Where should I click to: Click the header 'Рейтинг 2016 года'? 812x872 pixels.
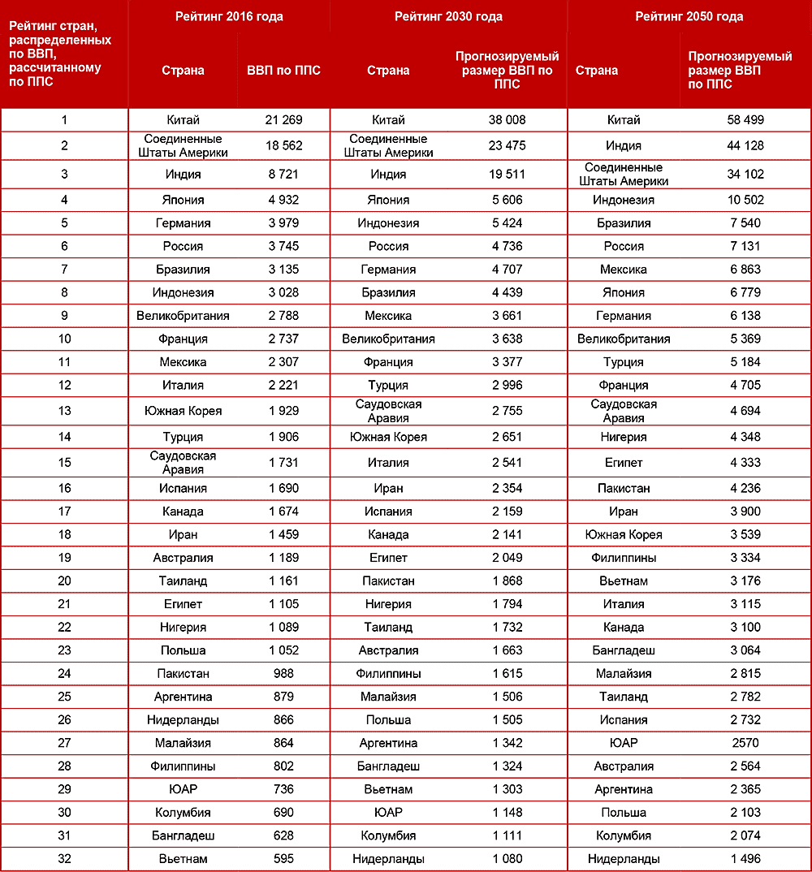tap(229, 16)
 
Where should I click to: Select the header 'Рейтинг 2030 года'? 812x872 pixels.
tap(448, 16)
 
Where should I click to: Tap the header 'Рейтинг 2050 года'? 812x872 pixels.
tap(689, 16)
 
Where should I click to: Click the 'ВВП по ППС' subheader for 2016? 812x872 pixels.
tap(283, 70)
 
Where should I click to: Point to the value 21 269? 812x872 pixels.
tap(283, 120)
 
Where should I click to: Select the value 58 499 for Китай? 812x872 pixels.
tap(745, 120)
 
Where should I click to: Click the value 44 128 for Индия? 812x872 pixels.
tap(745, 146)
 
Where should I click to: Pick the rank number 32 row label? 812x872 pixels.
tap(64, 859)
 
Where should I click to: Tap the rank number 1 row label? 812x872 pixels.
tap(64, 120)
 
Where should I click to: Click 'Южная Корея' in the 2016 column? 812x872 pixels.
tap(183, 411)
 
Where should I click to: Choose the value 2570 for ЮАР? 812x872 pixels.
tap(745, 743)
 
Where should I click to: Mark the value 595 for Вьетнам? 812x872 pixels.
tap(283, 859)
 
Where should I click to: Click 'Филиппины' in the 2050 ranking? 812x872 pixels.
tap(624, 558)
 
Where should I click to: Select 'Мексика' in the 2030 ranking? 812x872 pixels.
tap(388, 316)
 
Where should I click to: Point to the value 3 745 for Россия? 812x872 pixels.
tap(283, 246)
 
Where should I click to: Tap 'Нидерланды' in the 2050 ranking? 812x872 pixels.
tap(624, 859)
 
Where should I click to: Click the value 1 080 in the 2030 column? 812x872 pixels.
tap(508, 859)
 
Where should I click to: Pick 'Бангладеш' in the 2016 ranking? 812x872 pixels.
tap(183, 835)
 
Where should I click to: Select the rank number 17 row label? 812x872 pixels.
tap(64, 512)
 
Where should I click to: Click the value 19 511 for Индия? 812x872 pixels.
tap(508, 174)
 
